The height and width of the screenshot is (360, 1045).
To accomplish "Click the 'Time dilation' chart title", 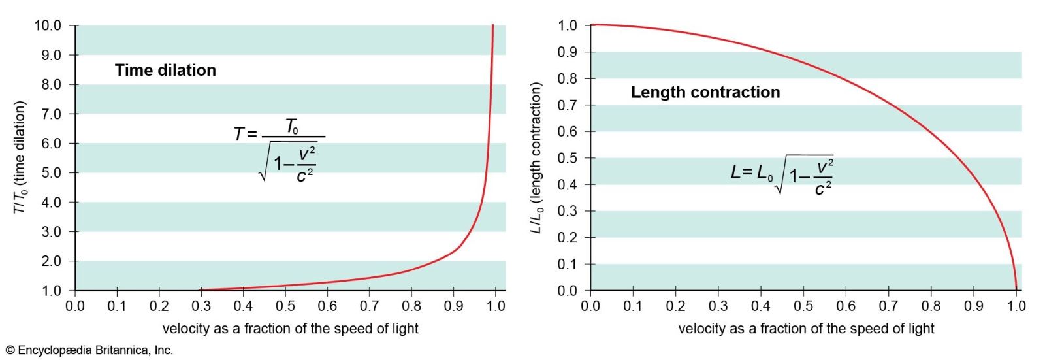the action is tap(166, 71).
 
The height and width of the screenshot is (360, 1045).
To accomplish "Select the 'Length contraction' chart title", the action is tap(705, 93).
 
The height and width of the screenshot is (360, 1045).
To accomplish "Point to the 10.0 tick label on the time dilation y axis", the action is tap(48, 25).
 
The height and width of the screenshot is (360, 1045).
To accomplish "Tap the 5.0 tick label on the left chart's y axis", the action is tap(52, 172).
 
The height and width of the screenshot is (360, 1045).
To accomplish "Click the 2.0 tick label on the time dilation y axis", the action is tap(52, 261).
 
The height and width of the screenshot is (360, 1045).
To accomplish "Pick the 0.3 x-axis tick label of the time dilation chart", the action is tap(201, 306).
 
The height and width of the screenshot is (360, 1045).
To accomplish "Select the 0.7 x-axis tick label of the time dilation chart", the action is tap(370, 306).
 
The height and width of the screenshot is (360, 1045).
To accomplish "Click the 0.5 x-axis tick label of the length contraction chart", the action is tap(803, 306).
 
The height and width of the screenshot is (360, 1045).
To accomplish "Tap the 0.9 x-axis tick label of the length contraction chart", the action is tap(974, 306).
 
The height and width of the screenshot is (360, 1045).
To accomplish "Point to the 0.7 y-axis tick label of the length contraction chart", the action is tap(568, 105).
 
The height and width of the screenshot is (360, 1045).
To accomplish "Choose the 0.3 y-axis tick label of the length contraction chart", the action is tap(568, 211).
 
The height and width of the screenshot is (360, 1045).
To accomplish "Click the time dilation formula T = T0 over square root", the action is tap(279, 150).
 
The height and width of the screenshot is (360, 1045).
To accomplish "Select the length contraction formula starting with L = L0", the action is tap(782, 174).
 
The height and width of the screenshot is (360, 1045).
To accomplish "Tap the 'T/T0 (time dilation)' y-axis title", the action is tap(19, 157).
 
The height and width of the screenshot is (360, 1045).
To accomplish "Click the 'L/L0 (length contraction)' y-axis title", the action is tap(536, 158).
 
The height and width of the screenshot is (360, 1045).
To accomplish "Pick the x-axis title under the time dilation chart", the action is tap(290, 329).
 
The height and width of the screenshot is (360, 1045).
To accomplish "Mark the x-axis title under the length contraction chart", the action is tap(806, 329).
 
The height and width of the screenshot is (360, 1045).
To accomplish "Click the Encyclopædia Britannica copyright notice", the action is tap(89, 350).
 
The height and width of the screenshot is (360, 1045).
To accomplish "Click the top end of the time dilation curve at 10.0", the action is tap(492, 25).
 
